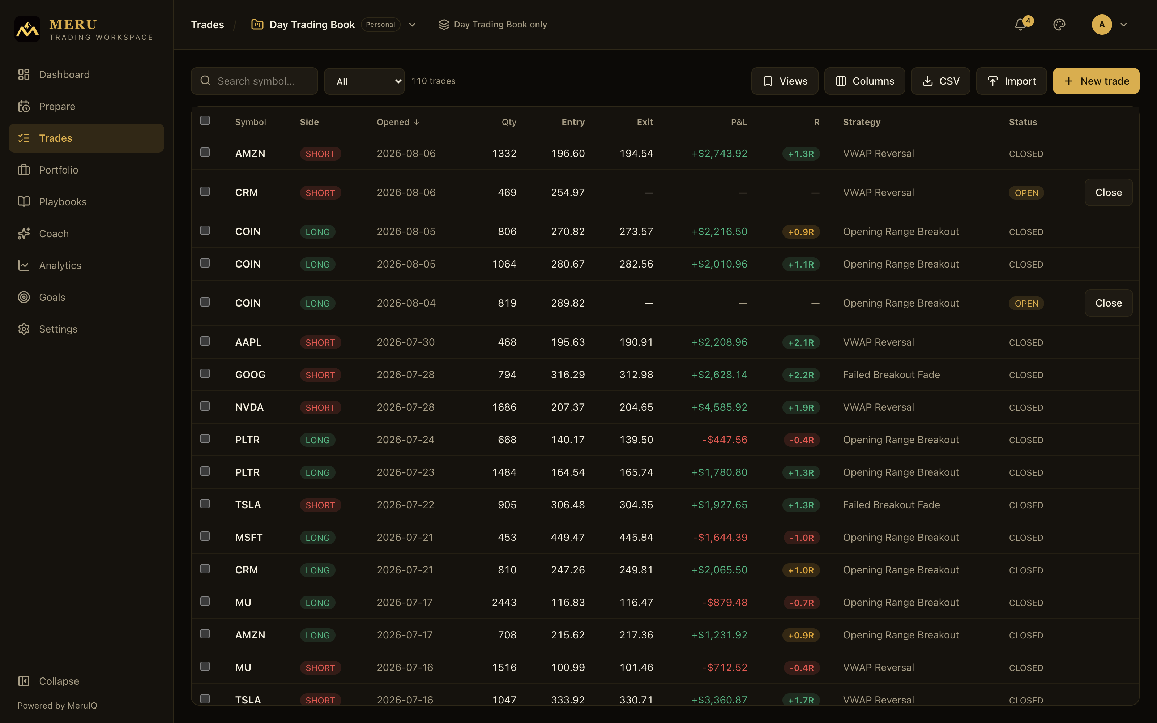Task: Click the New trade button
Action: pos(1096,81)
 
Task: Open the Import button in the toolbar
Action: pos(1011,81)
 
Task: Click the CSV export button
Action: pos(940,81)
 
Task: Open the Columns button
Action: pos(864,81)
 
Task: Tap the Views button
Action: pos(785,81)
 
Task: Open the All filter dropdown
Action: pos(364,81)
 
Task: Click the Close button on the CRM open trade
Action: pos(1108,192)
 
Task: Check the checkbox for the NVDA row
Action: pos(205,406)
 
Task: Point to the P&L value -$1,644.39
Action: pos(720,538)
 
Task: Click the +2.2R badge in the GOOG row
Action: pos(801,375)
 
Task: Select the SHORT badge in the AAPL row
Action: pos(320,342)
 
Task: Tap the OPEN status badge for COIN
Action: pos(1026,303)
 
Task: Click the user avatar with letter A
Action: pos(1102,24)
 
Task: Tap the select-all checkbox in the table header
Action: pos(205,120)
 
